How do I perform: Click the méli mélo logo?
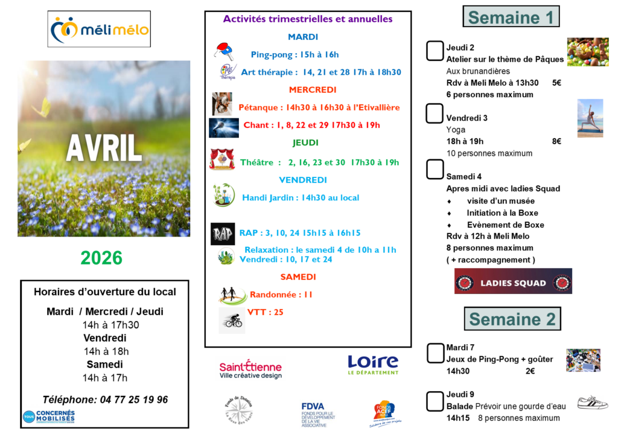click(x=99, y=29)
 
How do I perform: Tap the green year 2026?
click(x=101, y=258)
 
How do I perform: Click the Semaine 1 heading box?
click(x=511, y=17)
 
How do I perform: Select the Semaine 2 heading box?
click(x=512, y=319)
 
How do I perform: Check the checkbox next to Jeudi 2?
click(x=435, y=51)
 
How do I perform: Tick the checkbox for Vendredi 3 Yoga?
click(x=435, y=113)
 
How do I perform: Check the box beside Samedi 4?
click(x=435, y=170)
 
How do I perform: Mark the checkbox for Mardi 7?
click(x=435, y=354)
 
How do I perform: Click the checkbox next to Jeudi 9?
click(x=435, y=401)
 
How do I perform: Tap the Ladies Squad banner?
click(x=513, y=282)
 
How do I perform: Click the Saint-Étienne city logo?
click(x=250, y=369)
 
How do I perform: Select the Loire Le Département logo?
click(x=373, y=364)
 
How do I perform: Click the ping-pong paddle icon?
click(x=224, y=51)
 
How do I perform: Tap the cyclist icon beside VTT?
click(x=232, y=321)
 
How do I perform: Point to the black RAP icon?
click(x=222, y=234)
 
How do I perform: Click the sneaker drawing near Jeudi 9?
click(x=592, y=403)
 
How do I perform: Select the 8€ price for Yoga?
click(x=556, y=141)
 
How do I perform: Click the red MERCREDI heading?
click(x=312, y=90)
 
